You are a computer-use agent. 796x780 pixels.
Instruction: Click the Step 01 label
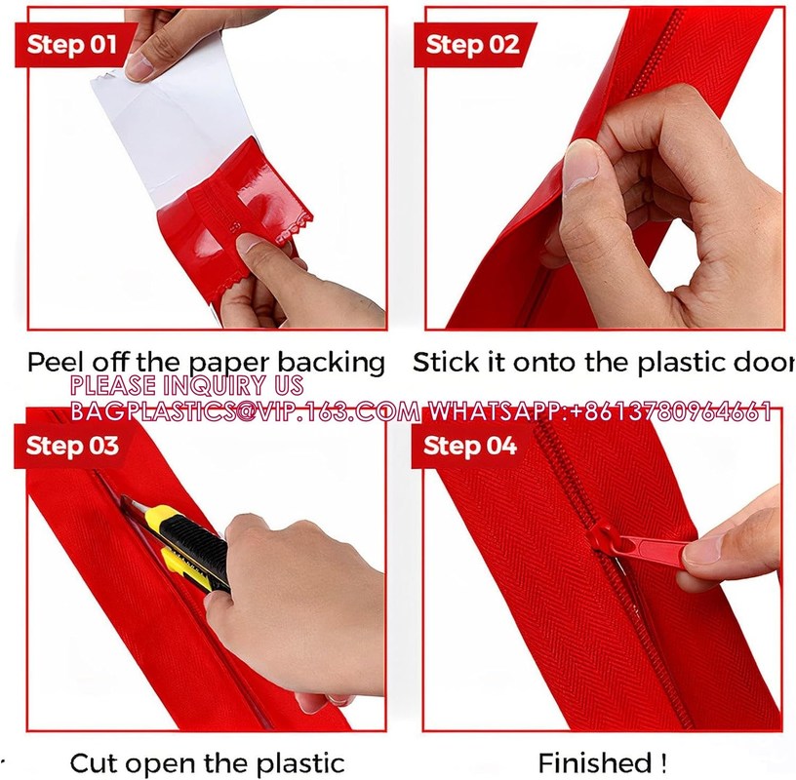pyautogui.click(x=72, y=44)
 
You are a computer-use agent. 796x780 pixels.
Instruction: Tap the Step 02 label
pyautogui.click(x=473, y=45)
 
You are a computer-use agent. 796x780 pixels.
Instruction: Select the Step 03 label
pyautogui.click(x=72, y=447)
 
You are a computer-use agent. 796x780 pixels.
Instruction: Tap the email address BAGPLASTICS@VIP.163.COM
pyautogui.click(x=244, y=410)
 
